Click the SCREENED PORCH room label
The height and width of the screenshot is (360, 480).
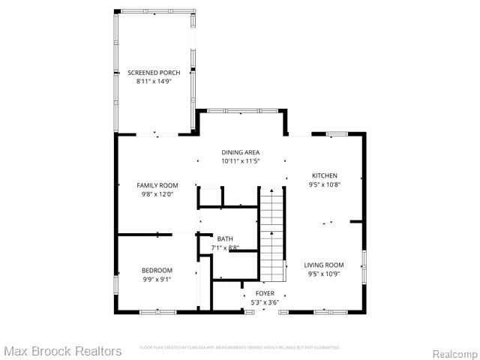(x=154, y=73)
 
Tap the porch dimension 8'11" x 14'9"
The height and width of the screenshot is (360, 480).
(x=154, y=81)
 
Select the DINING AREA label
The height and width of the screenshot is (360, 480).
(x=240, y=152)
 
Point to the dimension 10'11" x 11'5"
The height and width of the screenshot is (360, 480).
(x=240, y=160)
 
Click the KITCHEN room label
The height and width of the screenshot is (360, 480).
(x=325, y=176)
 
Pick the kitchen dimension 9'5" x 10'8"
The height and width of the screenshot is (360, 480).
(x=325, y=184)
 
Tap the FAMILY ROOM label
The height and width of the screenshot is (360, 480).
(x=157, y=185)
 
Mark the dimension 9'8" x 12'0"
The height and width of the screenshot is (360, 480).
(x=157, y=193)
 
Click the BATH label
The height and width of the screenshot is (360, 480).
(x=225, y=238)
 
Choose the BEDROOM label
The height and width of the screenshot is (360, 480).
(x=157, y=271)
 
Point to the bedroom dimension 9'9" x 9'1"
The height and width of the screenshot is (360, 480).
(x=157, y=279)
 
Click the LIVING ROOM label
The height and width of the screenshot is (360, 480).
(x=324, y=265)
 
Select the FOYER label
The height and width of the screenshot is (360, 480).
(x=265, y=293)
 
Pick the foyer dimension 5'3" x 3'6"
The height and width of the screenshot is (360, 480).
(x=265, y=301)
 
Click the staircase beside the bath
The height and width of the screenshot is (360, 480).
(x=273, y=232)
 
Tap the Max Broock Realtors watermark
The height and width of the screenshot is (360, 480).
(x=62, y=351)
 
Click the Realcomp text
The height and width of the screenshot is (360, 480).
(x=455, y=352)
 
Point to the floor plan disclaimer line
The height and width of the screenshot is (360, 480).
(x=240, y=347)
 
